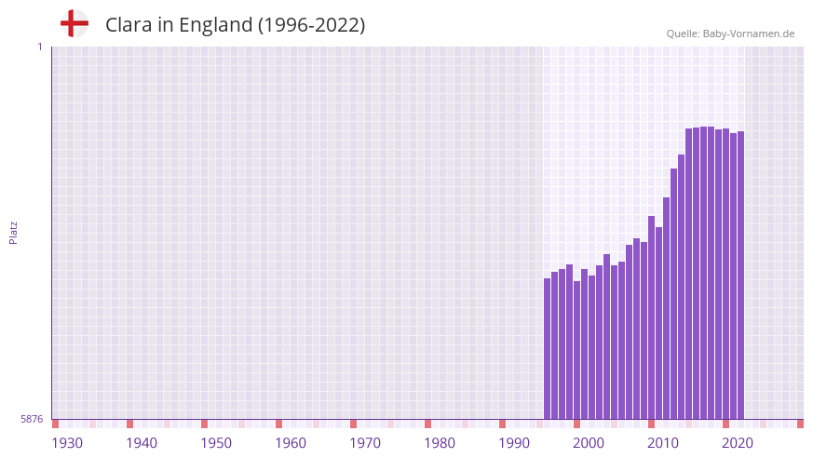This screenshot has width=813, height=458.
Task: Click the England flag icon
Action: point(74,23)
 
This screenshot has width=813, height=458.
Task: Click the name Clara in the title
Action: point(129,25)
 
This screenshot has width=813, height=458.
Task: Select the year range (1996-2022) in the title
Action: point(311,25)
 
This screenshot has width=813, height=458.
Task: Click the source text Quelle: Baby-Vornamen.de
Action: point(730,34)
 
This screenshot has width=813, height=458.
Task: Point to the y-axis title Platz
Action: point(13,232)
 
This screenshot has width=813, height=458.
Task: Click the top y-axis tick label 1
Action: point(39,47)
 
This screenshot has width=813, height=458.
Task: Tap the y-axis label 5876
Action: point(32,420)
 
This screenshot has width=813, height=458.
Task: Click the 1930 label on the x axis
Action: point(67,443)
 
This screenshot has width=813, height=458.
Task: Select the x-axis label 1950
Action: point(216,443)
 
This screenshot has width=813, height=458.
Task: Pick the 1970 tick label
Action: point(365,443)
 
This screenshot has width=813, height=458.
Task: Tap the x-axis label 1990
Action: point(514,443)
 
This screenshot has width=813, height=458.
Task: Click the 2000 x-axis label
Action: point(589,443)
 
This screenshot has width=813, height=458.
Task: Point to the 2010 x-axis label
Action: point(663,443)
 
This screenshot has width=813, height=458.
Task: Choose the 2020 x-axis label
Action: point(738,443)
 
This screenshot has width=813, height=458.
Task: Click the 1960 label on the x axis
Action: point(291,443)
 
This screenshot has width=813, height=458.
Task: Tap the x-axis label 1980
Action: point(440,443)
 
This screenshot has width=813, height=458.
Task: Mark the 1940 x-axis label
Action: point(142,443)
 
